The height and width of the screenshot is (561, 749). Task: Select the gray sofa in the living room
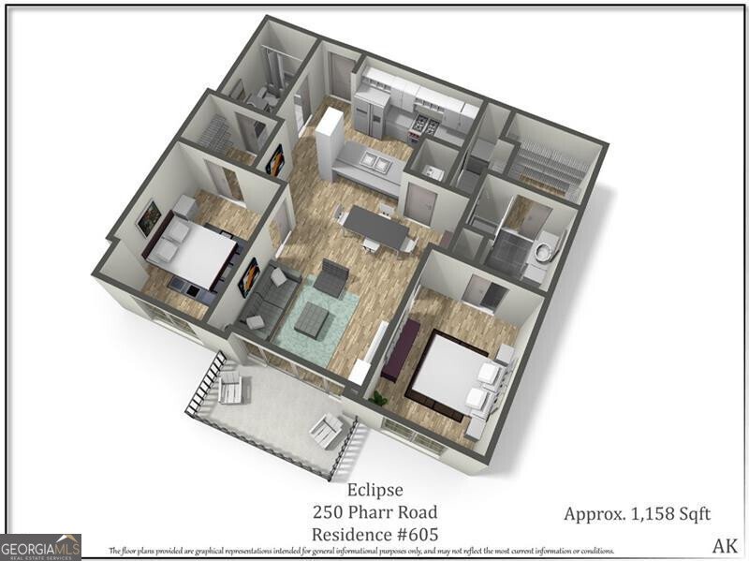point(267,298)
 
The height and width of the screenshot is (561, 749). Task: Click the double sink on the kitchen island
point(375,163)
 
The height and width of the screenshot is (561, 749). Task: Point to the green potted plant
point(378,399)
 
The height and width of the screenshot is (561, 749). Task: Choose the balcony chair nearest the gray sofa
point(230,381)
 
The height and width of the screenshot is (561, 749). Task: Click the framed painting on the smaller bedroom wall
point(148,218)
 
